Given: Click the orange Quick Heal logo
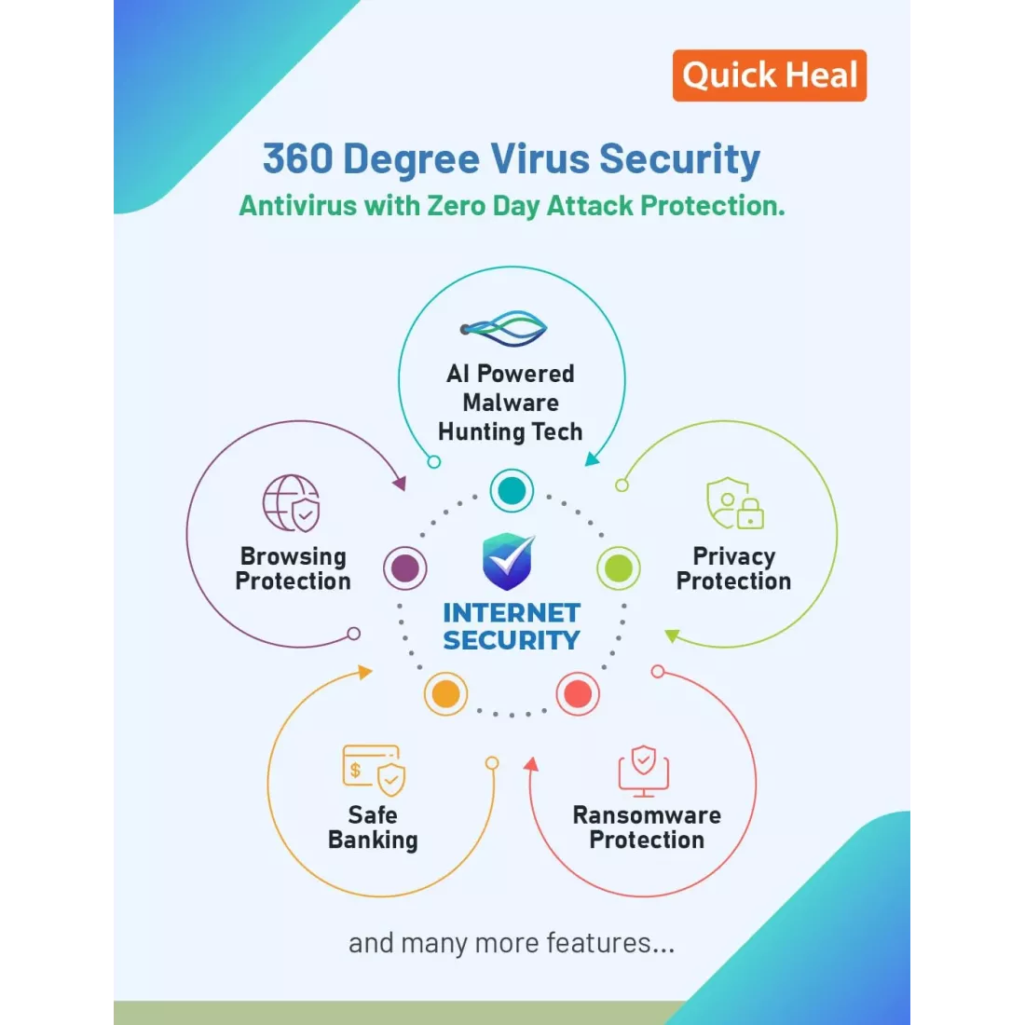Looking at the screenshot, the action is (770, 75).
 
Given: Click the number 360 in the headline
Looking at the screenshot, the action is (297, 158).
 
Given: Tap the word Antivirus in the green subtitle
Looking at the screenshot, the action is (297, 205).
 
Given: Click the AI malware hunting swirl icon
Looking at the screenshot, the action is (503, 328).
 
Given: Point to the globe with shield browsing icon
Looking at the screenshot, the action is (292, 503).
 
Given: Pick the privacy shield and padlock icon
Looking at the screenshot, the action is (735, 503).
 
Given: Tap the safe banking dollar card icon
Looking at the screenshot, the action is (374, 770).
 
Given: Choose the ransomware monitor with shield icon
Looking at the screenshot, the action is (644, 771).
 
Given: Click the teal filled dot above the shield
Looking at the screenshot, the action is (512, 490).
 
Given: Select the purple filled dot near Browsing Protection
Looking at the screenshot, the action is (405, 568).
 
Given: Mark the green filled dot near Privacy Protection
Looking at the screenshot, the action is (619, 568).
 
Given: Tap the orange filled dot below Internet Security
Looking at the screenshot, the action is (445, 693).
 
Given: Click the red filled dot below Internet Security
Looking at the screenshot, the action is (578, 693).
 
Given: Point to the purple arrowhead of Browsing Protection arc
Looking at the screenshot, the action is (400, 483).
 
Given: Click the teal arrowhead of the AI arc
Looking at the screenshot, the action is (593, 459).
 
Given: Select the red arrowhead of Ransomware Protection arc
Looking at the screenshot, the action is (531, 764).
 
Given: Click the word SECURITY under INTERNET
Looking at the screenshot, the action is (512, 641).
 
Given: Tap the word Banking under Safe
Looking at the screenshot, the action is (373, 840).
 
